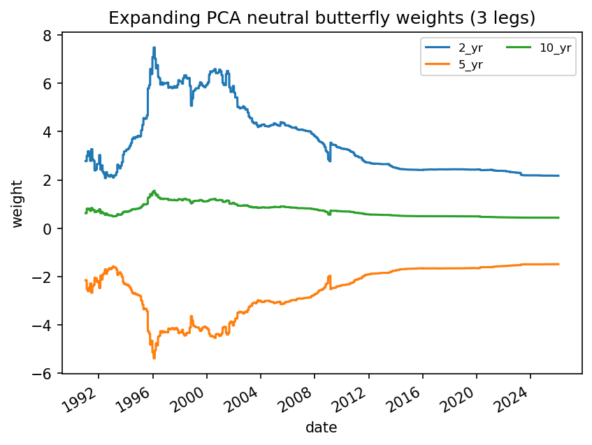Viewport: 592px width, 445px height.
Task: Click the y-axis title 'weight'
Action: pyautogui.click(x=17, y=203)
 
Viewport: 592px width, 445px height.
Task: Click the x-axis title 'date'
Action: pyautogui.click(x=321, y=428)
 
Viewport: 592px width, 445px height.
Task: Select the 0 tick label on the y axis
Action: pyautogui.click(x=50, y=228)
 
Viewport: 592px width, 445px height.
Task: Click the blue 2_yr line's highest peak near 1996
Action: pyautogui.click(x=154, y=48)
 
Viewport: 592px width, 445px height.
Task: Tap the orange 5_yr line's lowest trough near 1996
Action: pyautogui.click(x=154, y=358)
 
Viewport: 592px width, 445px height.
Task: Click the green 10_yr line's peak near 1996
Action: pyautogui.click(x=154, y=191)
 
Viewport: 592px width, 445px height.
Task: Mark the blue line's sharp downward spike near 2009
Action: pyautogui.click(x=329, y=161)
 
